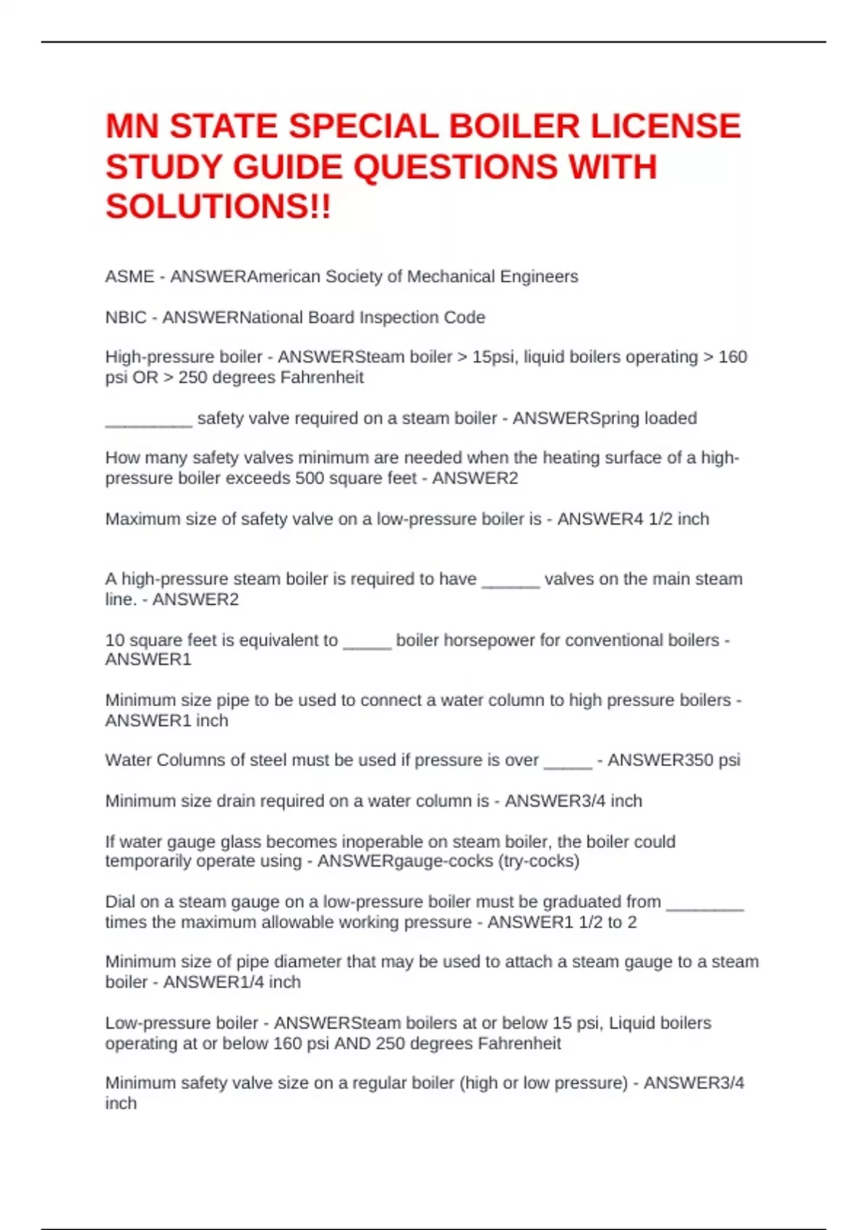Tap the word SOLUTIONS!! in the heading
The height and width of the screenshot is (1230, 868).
coord(218,207)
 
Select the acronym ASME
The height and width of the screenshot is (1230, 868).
coord(129,276)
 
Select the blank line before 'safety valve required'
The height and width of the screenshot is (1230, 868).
coord(148,424)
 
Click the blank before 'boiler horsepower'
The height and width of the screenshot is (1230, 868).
coord(367,646)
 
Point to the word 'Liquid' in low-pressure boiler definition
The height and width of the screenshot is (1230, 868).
coord(634,1022)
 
